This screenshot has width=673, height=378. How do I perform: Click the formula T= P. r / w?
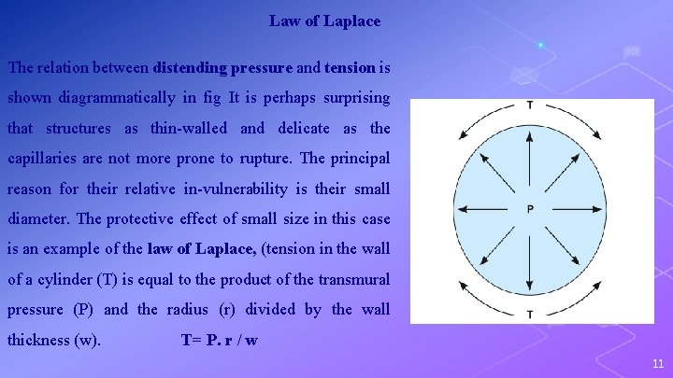tap(219, 340)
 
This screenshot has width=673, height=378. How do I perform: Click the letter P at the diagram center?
tap(530, 209)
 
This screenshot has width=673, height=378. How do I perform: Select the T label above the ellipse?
tap(530, 104)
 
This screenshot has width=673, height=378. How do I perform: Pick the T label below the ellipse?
tap(530, 315)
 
